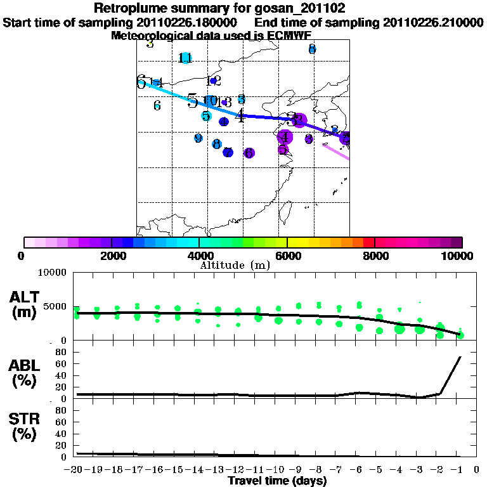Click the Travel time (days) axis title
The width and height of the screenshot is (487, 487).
click(278, 481)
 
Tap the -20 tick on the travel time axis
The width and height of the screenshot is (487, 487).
click(77, 469)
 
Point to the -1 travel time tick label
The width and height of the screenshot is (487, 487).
click(460, 469)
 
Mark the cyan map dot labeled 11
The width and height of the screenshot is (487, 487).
click(186, 58)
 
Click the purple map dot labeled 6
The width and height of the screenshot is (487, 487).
click(249, 153)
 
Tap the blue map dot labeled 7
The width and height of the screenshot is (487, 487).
click(228, 152)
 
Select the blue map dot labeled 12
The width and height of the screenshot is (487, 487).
click(214, 81)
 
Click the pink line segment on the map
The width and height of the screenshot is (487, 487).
click(336, 152)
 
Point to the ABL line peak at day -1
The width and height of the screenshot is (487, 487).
click(460, 358)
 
